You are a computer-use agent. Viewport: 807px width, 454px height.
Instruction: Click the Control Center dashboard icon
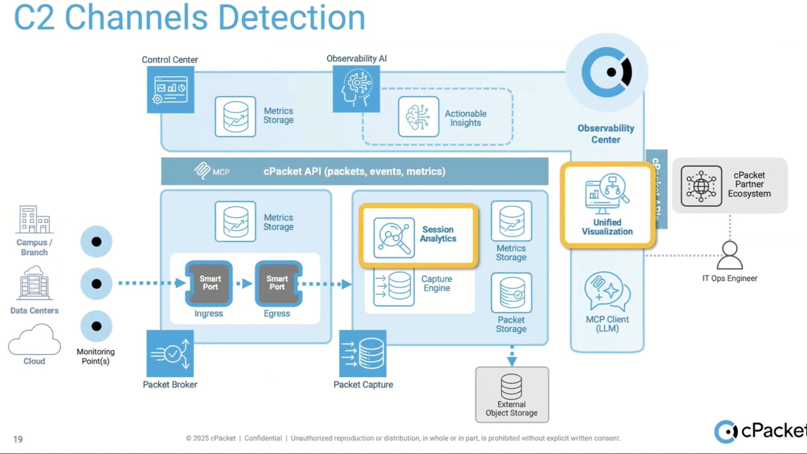(170, 90)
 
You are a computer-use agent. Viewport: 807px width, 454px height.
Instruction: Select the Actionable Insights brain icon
(418, 116)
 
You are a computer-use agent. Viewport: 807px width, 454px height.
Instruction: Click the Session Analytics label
(438, 234)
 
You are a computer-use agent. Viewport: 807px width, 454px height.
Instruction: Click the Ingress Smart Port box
(209, 283)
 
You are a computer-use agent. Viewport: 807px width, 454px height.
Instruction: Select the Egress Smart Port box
(278, 283)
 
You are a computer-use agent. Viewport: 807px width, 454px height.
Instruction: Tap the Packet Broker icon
(170, 354)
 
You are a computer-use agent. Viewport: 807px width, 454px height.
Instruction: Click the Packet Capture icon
(363, 354)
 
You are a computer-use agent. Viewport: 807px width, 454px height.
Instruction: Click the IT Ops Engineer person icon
(730, 255)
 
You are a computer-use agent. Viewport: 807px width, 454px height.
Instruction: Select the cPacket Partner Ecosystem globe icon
(701, 186)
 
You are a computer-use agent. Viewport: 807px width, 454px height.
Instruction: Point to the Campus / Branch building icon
(34, 219)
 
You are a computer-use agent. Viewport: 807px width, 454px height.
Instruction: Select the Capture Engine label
(437, 283)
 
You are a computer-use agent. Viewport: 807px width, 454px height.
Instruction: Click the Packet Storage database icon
(511, 293)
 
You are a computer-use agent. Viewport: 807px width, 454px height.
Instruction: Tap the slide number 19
(18, 439)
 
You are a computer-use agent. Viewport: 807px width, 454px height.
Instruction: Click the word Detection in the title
(291, 18)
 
